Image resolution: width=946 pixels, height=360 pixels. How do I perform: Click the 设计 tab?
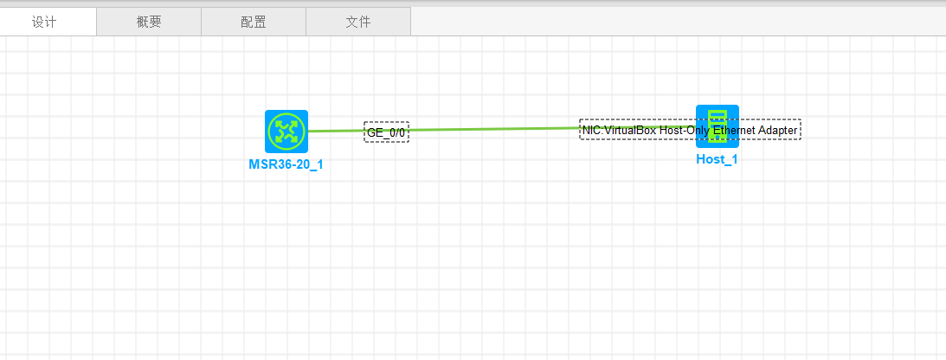(44, 22)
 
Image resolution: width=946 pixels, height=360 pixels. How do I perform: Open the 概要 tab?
(149, 22)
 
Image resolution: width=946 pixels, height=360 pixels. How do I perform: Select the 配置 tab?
(254, 22)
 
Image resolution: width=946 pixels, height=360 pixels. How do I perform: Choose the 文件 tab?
(358, 22)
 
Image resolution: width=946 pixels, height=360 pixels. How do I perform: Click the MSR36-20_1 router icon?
(286, 131)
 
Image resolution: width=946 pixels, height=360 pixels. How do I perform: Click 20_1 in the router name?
(309, 164)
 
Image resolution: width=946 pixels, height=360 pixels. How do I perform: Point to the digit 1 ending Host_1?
(735, 159)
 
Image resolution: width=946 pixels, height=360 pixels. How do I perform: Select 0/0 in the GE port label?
(396, 132)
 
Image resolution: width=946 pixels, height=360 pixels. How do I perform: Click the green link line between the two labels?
(493, 130)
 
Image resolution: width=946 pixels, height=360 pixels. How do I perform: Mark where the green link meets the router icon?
(309, 132)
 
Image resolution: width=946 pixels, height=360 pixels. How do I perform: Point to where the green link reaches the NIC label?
(579, 128)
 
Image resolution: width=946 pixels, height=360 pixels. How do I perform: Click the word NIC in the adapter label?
(591, 130)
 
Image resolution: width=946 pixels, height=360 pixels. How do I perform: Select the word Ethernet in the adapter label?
(734, 130)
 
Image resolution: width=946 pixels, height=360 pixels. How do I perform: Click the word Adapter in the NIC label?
(778, 130)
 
